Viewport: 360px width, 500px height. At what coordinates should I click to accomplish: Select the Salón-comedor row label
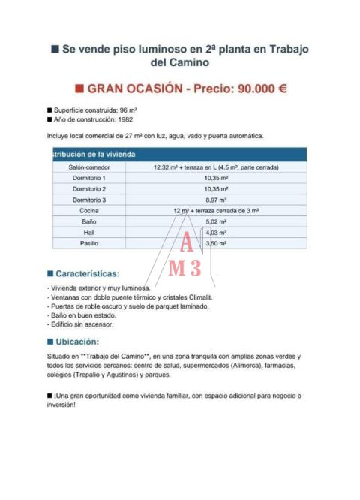click(88, 167)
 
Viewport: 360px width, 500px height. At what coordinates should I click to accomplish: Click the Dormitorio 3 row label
click(88, 200)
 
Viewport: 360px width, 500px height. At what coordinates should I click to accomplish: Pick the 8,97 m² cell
click(215, 200)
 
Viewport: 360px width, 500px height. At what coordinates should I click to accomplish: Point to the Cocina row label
click(88, 211)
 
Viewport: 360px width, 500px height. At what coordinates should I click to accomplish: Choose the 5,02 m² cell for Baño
click(215, 222)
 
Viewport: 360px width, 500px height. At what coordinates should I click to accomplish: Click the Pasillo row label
click(88, 243)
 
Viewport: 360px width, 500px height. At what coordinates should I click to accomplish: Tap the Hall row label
click(88, 233)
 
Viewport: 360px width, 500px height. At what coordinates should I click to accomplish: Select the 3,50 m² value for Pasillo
click(215, 243)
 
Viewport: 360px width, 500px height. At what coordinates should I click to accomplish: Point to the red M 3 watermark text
click(184, 268)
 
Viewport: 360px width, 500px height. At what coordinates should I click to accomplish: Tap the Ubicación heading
click(77, 342)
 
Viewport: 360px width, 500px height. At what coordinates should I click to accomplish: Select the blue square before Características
click(50, 274)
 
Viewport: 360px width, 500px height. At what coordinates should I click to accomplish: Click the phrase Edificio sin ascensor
click(82, 324)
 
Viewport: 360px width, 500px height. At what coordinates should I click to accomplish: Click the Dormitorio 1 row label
click(88, 178)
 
